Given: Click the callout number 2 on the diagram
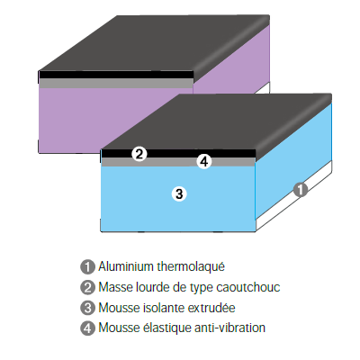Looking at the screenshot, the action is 139,154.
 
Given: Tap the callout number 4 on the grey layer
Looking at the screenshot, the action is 204,162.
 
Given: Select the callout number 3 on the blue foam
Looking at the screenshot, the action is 179,193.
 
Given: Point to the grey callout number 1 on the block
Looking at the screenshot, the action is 301,190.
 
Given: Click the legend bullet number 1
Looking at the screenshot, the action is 87,266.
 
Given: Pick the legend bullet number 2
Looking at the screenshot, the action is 87,287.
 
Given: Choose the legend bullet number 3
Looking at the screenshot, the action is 87,308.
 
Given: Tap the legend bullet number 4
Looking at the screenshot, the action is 87,328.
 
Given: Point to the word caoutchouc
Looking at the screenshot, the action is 248,287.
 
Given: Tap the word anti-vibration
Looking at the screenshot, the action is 229,328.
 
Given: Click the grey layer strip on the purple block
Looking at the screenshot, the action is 116,84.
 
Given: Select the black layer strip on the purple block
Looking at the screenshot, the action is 116,75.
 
